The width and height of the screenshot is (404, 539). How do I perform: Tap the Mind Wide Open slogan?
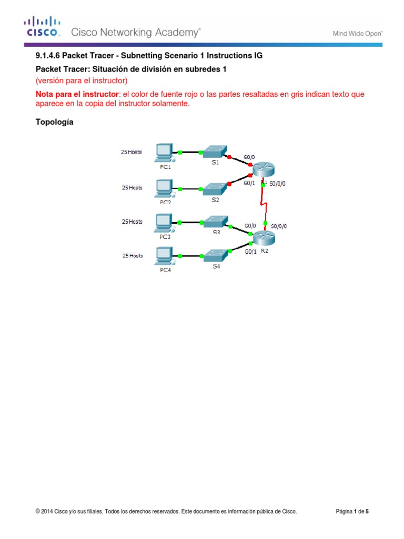tap(357, 34)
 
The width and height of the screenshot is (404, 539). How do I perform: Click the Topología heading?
tap(55, 122)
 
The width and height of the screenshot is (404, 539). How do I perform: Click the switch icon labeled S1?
tap(215, 152)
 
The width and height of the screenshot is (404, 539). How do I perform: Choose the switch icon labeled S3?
tap(216, 221)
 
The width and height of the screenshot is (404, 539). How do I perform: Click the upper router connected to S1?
tap(263, 170)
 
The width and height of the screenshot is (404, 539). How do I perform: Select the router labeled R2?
tap(264, 239)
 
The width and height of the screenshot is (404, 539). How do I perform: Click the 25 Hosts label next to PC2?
tap(132, 187)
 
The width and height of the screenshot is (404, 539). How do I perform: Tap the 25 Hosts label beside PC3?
tap(132, 222)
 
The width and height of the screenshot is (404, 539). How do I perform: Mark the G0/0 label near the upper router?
tap(250, 157)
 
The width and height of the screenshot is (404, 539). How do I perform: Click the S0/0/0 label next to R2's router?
tap(278, 226)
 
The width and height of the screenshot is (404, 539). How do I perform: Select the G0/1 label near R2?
tap(251, 252)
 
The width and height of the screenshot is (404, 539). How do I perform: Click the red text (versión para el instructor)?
tap(82, 81)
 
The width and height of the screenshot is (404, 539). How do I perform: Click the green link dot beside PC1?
tap(180, 152)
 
